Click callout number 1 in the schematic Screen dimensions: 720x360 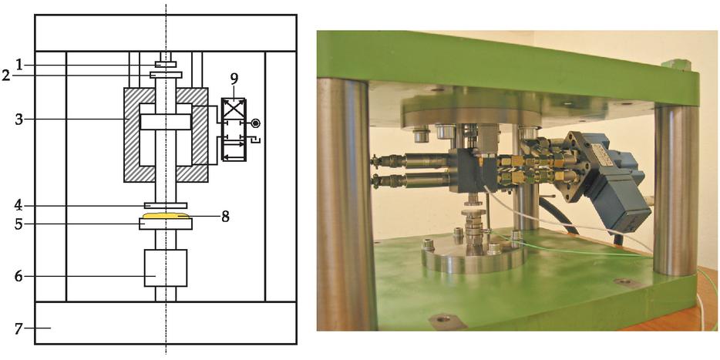[19, 66]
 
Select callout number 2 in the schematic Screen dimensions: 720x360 [5, 76]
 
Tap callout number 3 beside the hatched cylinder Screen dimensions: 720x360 [19, 119]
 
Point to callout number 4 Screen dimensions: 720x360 [19, 205]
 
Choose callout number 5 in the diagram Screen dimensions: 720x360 [19, 224]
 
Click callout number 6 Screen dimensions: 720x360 [19, 277]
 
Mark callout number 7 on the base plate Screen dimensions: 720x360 [19, 328]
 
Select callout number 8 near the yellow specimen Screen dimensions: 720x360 [225, 217]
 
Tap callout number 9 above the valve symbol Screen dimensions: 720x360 [234, 79]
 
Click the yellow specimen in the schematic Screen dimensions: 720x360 [166, 215]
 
